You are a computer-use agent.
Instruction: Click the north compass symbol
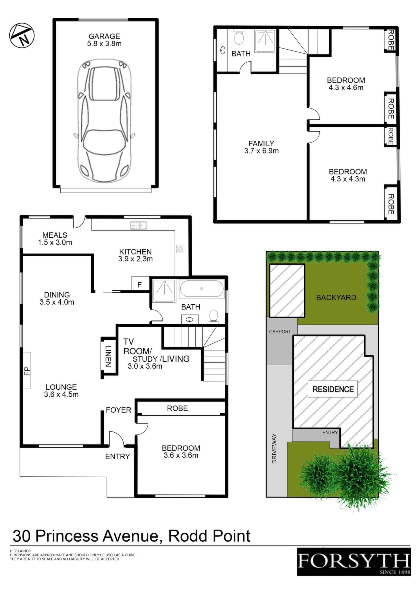22,36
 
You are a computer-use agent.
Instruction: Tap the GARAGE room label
104,36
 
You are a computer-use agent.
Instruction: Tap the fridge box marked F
140,284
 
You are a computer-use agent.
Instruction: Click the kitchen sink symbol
138,225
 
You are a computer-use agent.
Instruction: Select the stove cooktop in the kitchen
180,249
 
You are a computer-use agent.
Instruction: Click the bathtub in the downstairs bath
201,289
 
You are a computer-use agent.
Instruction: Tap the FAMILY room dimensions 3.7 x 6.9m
262,151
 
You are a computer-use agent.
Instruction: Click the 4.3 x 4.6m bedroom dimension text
346,87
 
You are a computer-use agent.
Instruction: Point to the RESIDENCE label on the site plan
333,389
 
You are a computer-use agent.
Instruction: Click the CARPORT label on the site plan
280,332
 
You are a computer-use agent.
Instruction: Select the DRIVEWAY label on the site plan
274,448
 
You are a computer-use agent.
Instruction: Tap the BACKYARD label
336,297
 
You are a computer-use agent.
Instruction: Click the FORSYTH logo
354,562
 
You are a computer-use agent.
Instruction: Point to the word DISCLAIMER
20,551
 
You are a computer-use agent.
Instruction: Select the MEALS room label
55,235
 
